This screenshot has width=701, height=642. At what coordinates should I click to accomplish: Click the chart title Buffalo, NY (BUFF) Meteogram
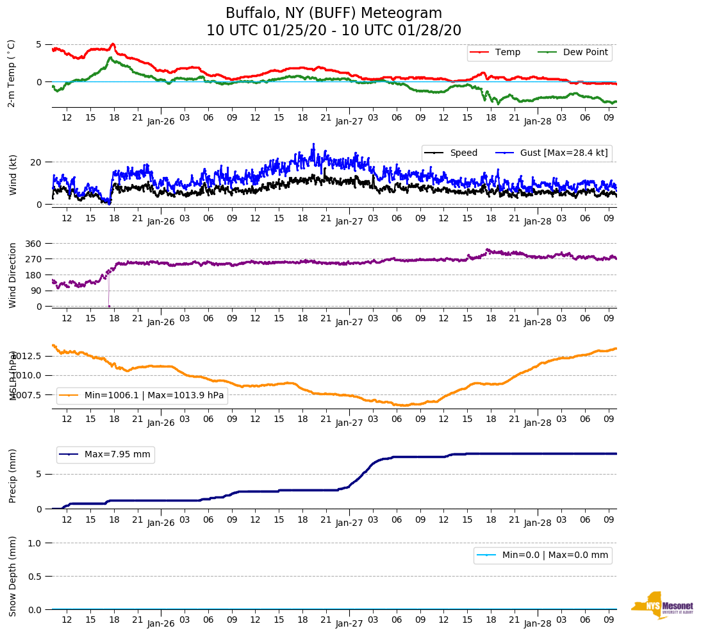pyautogui.click(x=333, y=13)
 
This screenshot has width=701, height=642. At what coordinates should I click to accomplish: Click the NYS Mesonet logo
pyautogui.click(x=662, y=605)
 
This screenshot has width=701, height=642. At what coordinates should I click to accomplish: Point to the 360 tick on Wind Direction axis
pyautogui.click(x=34, y=244)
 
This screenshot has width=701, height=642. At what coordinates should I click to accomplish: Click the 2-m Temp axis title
pyautogui.click(x=12, y=72)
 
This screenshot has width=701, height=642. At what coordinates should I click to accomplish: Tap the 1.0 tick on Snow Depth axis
pyautogui.click(x=35, y=543)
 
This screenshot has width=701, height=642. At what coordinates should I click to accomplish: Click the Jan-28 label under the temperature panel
pyautogui.click(x=538, y=120)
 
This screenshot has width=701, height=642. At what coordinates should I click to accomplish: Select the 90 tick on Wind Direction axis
pyautogui.click(x=37, y=291)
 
